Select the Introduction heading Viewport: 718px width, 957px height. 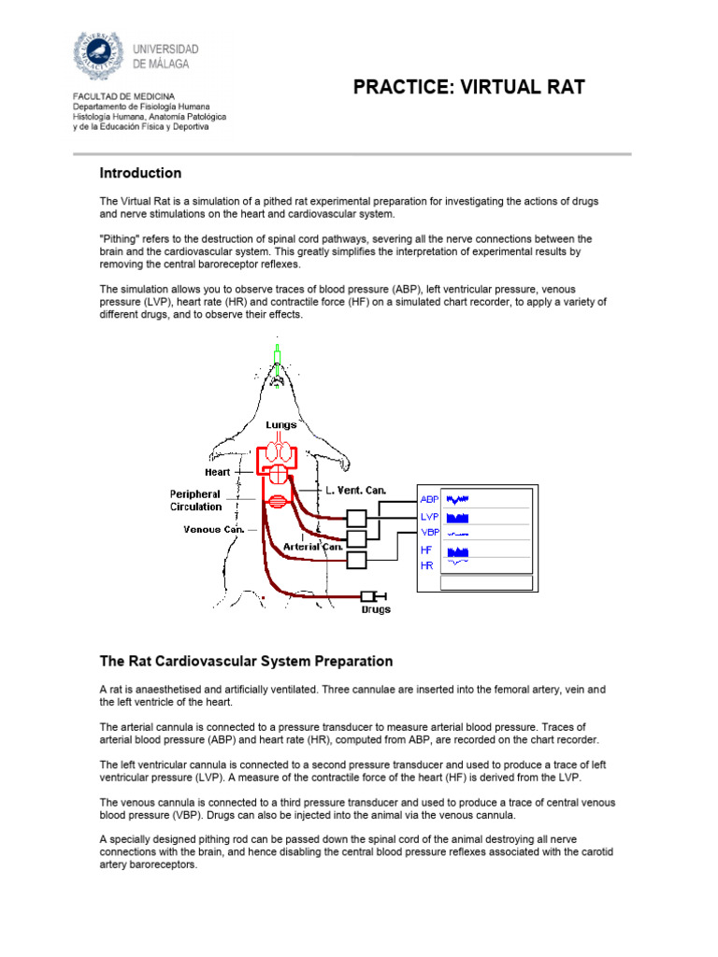pyautogui.click(x=140, y=173)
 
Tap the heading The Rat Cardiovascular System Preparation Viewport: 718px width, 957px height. pyautogui.click(x=246, y=661)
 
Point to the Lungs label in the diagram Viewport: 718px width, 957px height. pyautogui.click(x=281, y=425)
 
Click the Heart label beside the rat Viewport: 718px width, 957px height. pyautogui.click(x=217, y=473)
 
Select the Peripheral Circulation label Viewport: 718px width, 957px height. pyautogui.click(x=195, y=500)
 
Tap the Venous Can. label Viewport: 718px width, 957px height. pyautogui.click(x=214, y=529)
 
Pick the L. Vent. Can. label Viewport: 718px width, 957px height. pyautogui.click(x=355, y=490)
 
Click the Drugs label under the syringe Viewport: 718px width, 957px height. pyautogui.click(x=376, y=610)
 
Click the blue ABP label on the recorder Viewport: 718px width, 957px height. pyautogui.click(x=430, y=499)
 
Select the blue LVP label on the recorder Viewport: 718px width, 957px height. pyautogui.click(x=430, y=516)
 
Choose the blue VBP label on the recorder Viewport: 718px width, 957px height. pyautogui.click(x=430, y=533)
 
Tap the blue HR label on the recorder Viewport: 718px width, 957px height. pyautogui.click(x=427, y=565)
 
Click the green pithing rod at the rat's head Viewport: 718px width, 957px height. pyautogui.click(x=277, y=357)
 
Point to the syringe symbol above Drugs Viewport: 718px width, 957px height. pyautogui.click(x=374, y=595)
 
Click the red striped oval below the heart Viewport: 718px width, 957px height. pyautogui.click(x=277, y=502)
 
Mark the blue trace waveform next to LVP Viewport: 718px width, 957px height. pyautogui.click(x=458, y=517)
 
